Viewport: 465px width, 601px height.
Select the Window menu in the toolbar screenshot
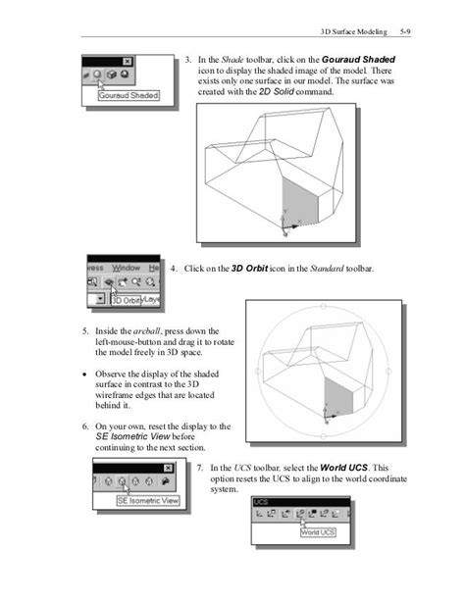(127, 267)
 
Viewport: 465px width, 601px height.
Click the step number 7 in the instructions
(199, 468)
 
